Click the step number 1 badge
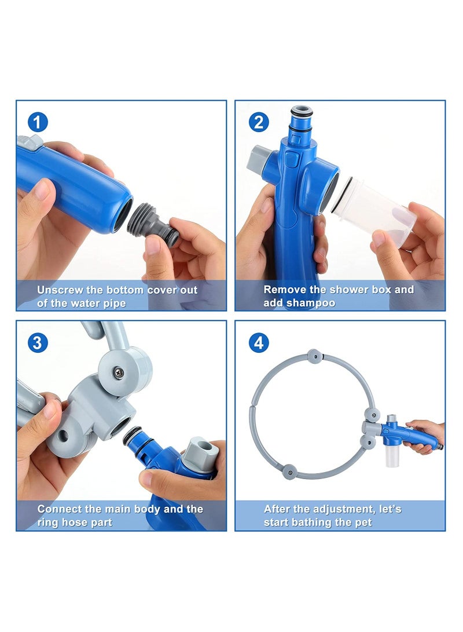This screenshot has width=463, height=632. (x=38, y=122)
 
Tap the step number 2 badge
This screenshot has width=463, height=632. (x=259, y=122)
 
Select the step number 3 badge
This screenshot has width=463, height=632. (x=38, y=342)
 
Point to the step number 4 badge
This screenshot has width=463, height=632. (x=259, y=342)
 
